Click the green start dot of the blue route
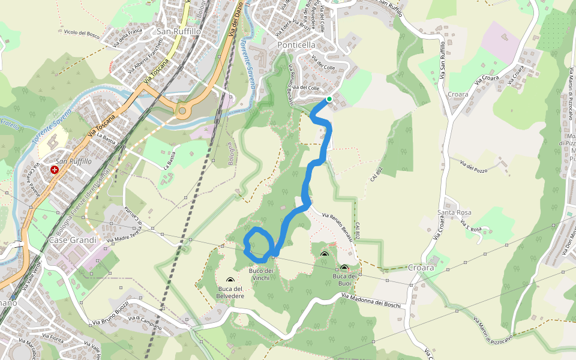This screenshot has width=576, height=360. point(329,99)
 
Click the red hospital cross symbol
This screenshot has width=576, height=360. point(55,170)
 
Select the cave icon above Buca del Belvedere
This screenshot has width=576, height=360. point(230,280)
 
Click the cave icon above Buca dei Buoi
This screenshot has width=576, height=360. point(344,268)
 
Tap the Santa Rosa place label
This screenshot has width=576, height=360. point(454,212)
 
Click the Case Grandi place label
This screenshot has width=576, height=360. point(73,240)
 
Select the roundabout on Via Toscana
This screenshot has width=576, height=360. point(182,110)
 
